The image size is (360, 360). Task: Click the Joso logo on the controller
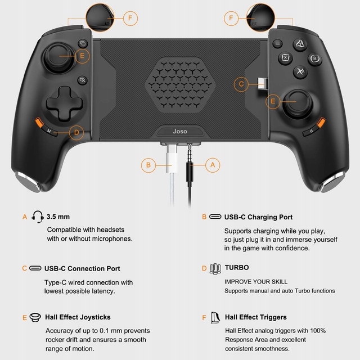(180, 131)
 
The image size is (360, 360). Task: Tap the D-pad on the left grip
(65, 103)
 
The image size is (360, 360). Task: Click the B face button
(315, 58)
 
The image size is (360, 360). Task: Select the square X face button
(285, 57)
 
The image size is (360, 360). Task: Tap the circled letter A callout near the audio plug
(213, 165)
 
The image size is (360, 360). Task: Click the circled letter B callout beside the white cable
(148, 165)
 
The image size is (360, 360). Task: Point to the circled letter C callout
(241, 84)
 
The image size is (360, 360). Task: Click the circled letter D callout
(76, 133)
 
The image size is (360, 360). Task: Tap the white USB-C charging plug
(172, 159)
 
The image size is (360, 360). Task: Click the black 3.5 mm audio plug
(190, 165)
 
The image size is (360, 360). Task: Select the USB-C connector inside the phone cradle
(263, 84)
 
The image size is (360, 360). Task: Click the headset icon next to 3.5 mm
(38, 217)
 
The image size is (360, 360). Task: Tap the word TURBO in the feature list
(237, 268)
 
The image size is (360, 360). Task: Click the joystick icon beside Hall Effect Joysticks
(35, 317)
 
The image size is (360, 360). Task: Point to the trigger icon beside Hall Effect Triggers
(215, 318)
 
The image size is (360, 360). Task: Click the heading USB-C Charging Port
(258, 217)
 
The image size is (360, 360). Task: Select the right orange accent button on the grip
(321, 122)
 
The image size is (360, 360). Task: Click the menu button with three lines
(277, 43)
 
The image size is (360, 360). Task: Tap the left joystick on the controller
(59, 57)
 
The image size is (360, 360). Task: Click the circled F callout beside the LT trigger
(130, 18)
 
